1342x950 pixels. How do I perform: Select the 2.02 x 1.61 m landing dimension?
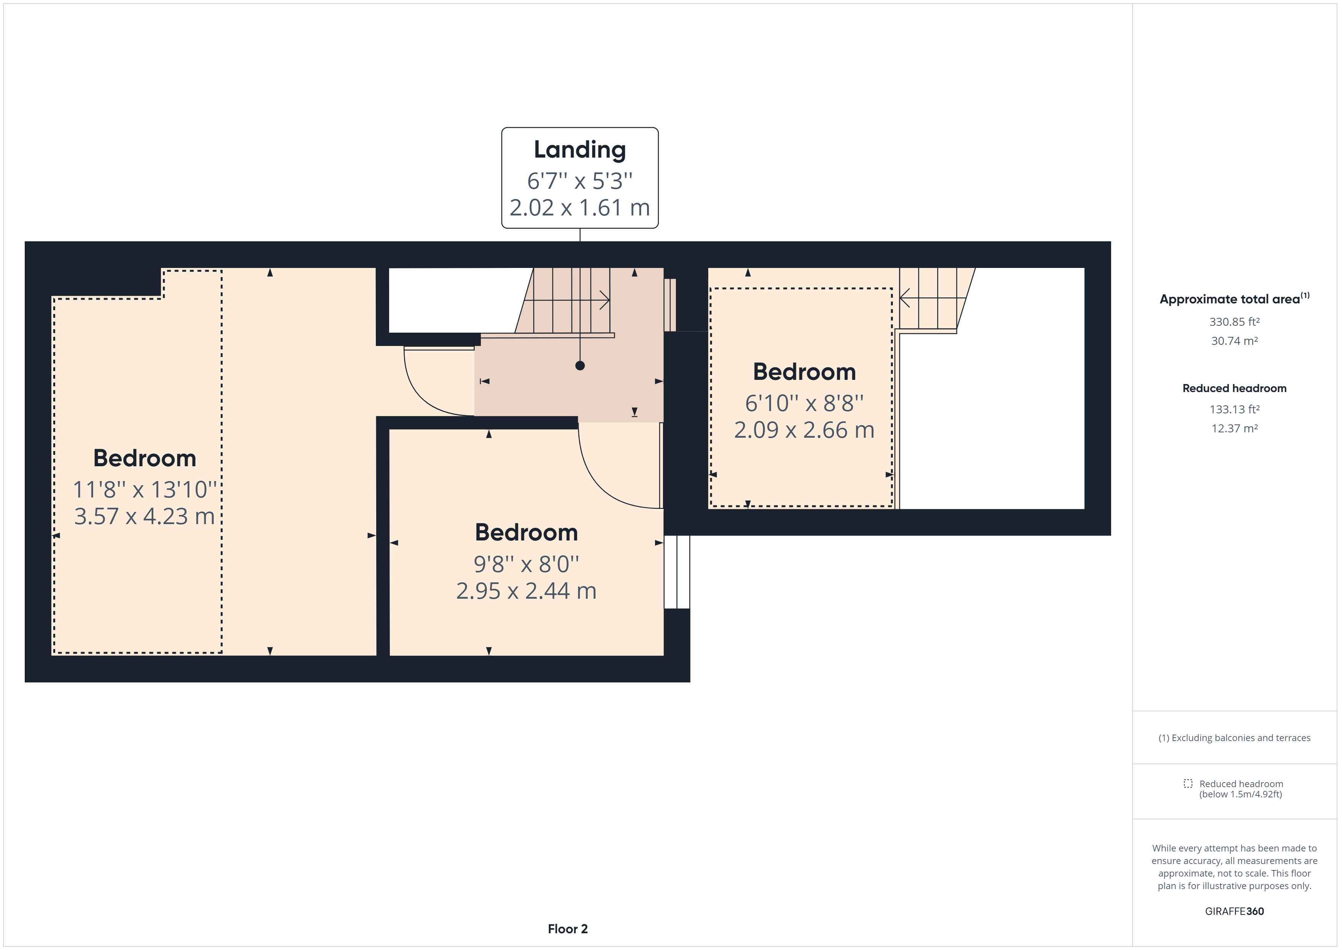580,208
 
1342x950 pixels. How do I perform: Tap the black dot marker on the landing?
580,366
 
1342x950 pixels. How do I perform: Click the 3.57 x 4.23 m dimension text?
145,516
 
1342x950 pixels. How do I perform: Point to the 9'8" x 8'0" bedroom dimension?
526,564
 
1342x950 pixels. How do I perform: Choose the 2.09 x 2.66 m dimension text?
804,430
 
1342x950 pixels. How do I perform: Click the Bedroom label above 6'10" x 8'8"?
804,372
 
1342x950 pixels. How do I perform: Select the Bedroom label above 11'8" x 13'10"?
145,458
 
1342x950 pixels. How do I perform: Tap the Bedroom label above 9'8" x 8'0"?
526,533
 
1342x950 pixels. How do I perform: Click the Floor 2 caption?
568,929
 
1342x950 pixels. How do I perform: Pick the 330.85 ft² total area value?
1234,322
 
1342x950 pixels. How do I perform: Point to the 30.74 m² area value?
1234,341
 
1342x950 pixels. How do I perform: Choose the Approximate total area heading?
1234,299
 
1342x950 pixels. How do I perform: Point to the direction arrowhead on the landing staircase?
605,301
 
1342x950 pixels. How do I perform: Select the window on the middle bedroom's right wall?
677,572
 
